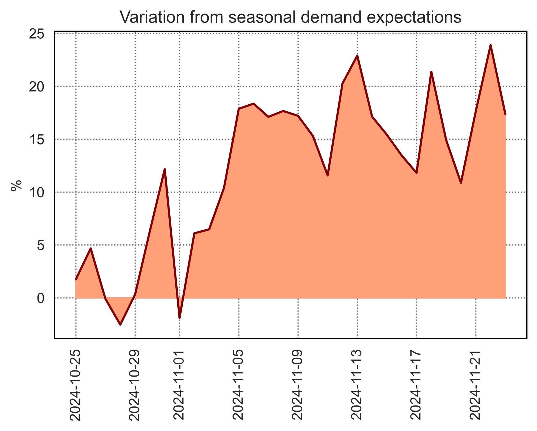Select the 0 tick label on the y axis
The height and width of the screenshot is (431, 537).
point(41,298)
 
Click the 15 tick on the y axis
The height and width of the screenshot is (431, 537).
point(37,139)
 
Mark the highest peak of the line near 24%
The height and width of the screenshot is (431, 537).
point(490,45)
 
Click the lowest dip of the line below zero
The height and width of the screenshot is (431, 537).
point(120,324)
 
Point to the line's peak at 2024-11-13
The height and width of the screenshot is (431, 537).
point(357,56)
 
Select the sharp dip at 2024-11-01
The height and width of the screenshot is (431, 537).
point(179,318)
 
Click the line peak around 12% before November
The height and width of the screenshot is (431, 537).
point(165,169)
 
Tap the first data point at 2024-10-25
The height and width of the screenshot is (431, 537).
point(76,279)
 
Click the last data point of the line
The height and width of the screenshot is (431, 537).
point(505,114)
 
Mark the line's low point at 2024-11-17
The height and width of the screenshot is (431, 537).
point(417,173)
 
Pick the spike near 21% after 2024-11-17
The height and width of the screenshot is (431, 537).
point(431,72)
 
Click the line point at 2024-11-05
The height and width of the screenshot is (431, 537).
point(239,109)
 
